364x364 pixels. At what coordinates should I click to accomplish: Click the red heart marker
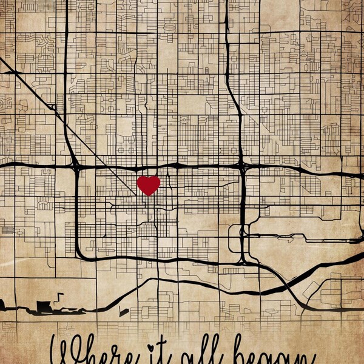click(x=148, y=185)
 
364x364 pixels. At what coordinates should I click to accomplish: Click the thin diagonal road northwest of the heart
click(x=36, y=91)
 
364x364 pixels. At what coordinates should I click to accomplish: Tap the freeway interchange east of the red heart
click(x=241, y=165)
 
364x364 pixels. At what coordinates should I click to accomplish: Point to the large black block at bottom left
click(x=44, y=307)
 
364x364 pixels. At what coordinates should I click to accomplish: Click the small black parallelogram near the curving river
click(x=124, y=312)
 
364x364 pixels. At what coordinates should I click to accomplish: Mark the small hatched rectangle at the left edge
click(x=7, y=230)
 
